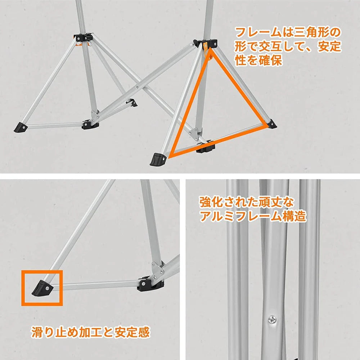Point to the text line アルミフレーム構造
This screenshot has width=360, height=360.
252,216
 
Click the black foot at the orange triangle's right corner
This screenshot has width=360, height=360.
272,124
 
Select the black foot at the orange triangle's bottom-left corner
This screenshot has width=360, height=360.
157,158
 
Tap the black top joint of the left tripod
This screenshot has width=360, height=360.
83,37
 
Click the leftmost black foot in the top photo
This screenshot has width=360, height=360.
21,127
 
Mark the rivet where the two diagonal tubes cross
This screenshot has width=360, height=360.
136,87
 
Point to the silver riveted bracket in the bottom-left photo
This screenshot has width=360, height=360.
158,268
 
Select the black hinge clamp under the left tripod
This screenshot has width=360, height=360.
90,125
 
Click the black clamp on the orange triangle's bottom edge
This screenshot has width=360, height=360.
206,148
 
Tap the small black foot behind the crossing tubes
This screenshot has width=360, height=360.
133,103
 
